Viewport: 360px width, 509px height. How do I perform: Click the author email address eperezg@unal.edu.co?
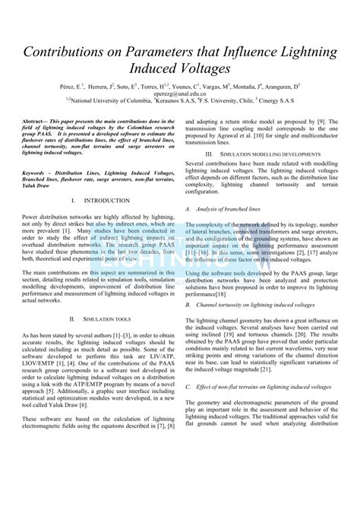click(180, 93)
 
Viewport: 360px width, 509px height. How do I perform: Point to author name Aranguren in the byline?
click(278, 86)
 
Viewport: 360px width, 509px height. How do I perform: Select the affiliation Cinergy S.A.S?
click(285, 100)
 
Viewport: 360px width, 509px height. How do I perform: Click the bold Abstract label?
click(36, 121)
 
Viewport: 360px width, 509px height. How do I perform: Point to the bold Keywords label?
click(38, 172)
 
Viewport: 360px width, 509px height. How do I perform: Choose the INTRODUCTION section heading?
click(106, 201)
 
